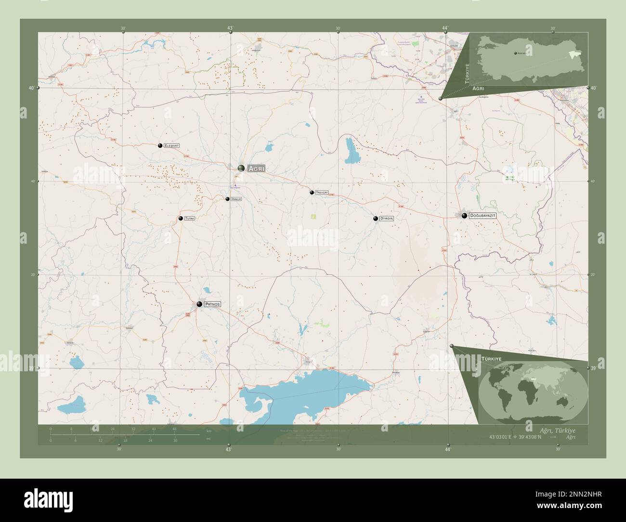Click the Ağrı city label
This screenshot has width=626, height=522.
(x=256, y=169)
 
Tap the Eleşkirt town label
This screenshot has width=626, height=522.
(x=171, y=145)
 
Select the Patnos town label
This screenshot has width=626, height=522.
(x=212, y=304)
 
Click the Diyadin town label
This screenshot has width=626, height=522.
(x=387, y=219)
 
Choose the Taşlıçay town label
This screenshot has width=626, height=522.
(x=322, y=193)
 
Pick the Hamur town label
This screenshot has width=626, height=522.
(x=236, y=199)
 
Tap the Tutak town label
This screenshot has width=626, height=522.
(x=189, y=219)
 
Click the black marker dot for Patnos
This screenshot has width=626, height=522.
(x=199, y=304)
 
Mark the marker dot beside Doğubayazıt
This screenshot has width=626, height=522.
(x=464, y=216)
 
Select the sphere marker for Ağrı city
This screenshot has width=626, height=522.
(x=241, y=168)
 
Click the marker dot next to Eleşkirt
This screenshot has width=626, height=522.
(x=160, y=145)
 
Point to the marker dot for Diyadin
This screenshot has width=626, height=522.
(x=376, y=219)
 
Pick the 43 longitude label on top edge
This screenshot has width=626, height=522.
(x=230, y=28)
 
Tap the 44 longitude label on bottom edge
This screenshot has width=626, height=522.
(x=447, y=449)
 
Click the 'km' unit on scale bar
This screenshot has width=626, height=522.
(x=209, y=431)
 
